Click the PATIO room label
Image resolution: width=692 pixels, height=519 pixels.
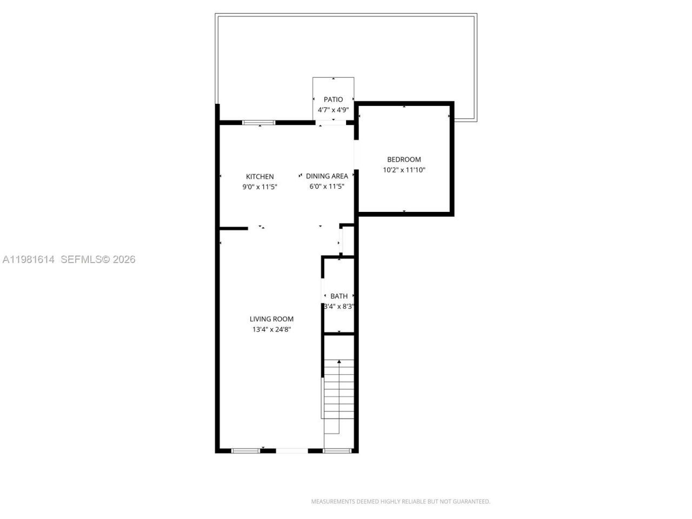[333, 99]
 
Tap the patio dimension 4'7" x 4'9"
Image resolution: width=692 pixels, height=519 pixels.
[333, 110]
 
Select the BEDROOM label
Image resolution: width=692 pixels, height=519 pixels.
[404, 159]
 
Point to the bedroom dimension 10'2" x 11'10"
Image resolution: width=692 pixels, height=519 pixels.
[404, 170]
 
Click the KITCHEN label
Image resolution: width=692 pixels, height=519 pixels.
[259, 177]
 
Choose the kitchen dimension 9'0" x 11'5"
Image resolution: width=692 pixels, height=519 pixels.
[259, 187]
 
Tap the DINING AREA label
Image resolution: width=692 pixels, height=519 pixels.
[327, 176]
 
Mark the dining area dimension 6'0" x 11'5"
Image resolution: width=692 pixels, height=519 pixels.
[327, 187]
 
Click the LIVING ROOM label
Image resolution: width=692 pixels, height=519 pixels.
[271, 319]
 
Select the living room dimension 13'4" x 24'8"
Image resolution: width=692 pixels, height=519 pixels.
[271, 329]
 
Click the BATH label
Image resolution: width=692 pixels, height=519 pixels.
[339, 296]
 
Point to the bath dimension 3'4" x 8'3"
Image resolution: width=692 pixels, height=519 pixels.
[339, 307]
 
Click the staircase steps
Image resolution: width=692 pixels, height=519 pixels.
[338, 389]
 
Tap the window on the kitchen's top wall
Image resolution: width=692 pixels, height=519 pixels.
[258, 123]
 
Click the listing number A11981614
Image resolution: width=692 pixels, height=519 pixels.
[29, 259]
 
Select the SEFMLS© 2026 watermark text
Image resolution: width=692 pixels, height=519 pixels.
[98, 259]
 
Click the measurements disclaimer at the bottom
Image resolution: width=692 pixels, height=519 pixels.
[400, 502]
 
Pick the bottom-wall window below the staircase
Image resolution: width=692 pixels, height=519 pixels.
[337, 450]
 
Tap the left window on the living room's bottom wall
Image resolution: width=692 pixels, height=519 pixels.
[245, 450]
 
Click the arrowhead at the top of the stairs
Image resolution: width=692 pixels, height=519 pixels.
[339, 361]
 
